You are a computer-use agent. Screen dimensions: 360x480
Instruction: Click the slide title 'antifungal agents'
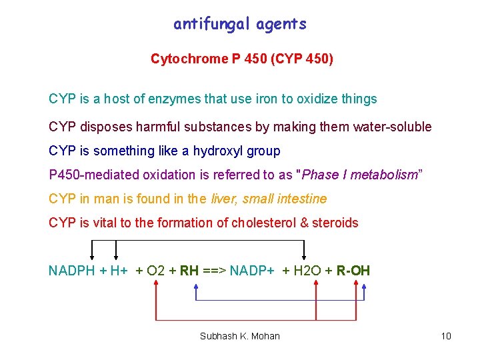coord(240,25)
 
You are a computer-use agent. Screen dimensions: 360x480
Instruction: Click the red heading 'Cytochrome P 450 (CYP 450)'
coord(242,59)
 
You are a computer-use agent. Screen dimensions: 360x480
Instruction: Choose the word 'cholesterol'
coord(265,223)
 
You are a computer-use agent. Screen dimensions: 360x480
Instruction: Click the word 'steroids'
coord(335,223)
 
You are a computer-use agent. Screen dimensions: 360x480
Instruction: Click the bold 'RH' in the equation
coord(189,271)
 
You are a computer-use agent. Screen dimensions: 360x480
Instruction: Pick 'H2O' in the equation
coord(307,271)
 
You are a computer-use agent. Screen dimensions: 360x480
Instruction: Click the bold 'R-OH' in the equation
coord(353,271)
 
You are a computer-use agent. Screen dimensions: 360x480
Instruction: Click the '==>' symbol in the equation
coord(215,271)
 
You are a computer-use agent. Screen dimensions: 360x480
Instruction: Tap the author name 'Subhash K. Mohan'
coord(240,336)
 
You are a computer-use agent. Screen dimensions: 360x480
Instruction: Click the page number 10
coord(446,336)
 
